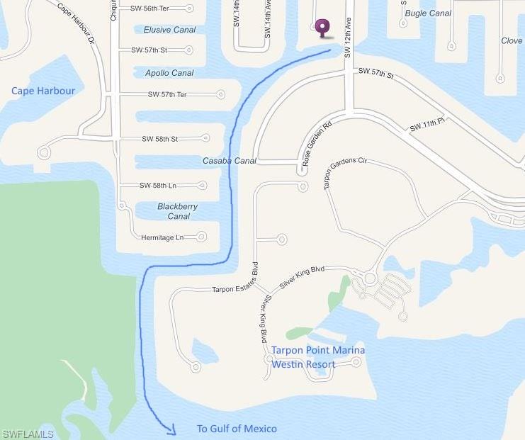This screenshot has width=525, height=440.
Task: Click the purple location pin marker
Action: coord(323,27)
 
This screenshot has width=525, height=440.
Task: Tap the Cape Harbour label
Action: coord(43,91)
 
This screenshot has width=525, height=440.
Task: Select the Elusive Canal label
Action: coord(169,30)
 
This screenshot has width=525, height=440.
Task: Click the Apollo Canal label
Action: coord(169,73)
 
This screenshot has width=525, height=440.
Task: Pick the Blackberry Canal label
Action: coord(178,211)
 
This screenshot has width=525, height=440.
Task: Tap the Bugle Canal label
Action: coord(428,13)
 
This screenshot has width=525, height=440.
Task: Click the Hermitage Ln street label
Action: coord(162,237)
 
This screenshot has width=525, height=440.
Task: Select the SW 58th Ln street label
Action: coord(158,186)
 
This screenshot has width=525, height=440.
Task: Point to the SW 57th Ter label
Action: coord(168,94)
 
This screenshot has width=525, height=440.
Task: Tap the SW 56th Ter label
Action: coord(151,9)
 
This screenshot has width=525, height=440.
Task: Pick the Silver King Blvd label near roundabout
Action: coord(303,276)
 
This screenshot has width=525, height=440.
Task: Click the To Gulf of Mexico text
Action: coord(237,429)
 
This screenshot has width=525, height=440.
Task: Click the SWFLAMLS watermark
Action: coord(28,434)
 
